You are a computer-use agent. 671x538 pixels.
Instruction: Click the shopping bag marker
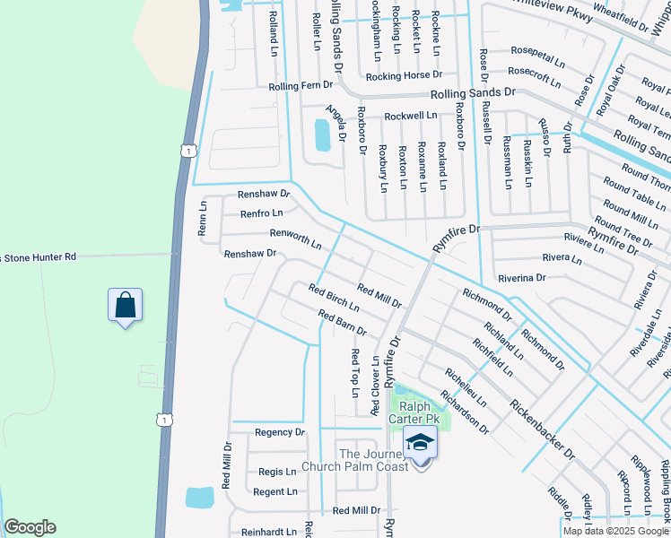[x=126, y=305]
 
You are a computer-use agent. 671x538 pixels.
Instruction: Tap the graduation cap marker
[x=419, y=442]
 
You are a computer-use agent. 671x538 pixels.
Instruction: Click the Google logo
[x=30, y=527]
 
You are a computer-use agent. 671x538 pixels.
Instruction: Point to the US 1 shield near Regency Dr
[x=162, y=420]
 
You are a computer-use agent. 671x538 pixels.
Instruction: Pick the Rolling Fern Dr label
[x=301, y=86]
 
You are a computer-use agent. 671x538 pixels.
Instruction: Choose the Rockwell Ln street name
[x=411, y=116]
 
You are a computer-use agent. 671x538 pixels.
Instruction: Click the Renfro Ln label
[x=261, y=213]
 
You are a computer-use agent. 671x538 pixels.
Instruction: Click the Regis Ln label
[x=277, y=472]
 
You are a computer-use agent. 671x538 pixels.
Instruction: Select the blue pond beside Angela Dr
[x=321, y=135]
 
